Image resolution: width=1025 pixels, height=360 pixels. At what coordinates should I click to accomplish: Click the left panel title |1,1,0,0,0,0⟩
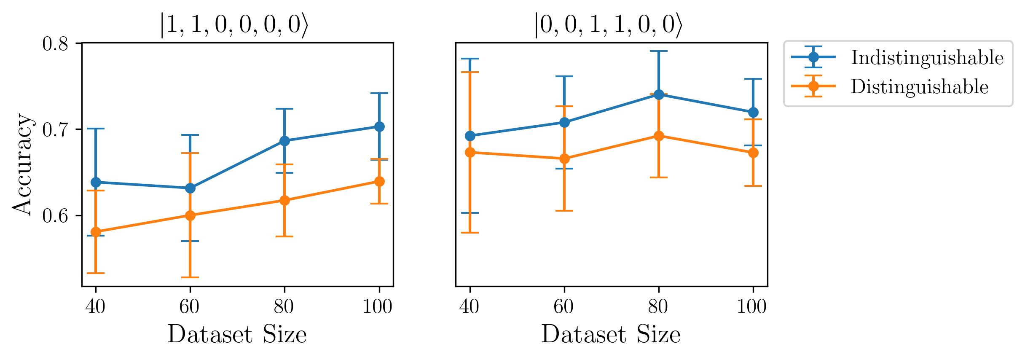[x=234, y=25]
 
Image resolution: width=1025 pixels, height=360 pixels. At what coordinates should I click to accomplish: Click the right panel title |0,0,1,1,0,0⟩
[x=608, y=25]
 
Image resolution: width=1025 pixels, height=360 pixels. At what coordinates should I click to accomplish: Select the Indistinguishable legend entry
[x=926, y=57]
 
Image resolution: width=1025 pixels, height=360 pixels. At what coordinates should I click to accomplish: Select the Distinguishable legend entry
[x=919, y=86]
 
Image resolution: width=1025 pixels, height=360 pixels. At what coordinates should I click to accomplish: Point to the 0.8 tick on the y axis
[x=55, y=44]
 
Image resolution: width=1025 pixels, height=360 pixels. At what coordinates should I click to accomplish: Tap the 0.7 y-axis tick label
[x=55, y=130]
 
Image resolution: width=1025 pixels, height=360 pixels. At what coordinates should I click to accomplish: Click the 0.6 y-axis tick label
[x=55, y=216]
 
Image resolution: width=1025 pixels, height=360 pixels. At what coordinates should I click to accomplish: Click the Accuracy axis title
[x=22, y=164]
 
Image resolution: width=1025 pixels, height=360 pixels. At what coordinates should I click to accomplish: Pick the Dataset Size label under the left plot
[x=237, y=335]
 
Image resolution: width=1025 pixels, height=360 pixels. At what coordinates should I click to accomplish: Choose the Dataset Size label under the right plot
[x=611, y=335]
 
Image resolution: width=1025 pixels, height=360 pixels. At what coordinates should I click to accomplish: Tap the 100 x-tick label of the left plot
[x=378, y=306]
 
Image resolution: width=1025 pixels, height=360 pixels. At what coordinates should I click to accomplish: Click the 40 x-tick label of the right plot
[x=470, y=306]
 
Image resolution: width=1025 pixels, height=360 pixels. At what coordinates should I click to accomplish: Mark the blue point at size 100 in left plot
[x=379, y=126]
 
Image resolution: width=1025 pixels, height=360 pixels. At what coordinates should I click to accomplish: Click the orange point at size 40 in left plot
[x=96, y=232]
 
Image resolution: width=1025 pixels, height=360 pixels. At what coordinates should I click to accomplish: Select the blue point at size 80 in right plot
[x=659, y=94]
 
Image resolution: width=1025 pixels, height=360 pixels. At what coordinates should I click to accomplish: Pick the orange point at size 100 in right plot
[x=753, y=153]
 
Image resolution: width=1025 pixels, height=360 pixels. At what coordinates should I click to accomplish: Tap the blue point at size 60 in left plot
[x=190, y=188]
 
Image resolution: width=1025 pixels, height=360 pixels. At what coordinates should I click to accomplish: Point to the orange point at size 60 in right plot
[x=564, y=159]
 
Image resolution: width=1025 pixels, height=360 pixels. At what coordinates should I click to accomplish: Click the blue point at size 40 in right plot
[x=470, y=136]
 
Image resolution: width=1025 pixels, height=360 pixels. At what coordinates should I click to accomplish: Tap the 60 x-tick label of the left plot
[x=189, y=306]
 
